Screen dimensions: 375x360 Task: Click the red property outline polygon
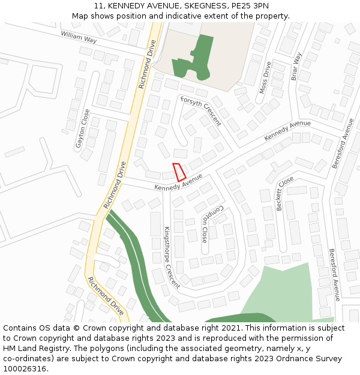[179, 172]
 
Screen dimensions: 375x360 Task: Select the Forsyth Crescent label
[200, 111]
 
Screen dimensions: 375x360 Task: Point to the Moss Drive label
[265, 77]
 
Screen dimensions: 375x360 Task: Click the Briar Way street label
[296, 66]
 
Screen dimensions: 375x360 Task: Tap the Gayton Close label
[82, 128]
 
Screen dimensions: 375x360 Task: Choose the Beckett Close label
[284, 193]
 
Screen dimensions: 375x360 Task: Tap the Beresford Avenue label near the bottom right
[334, 274]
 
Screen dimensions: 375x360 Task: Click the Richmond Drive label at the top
[147, 64]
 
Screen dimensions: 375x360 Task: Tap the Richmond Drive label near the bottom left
[106, 296]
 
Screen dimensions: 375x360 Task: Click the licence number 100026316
[25, 368]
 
